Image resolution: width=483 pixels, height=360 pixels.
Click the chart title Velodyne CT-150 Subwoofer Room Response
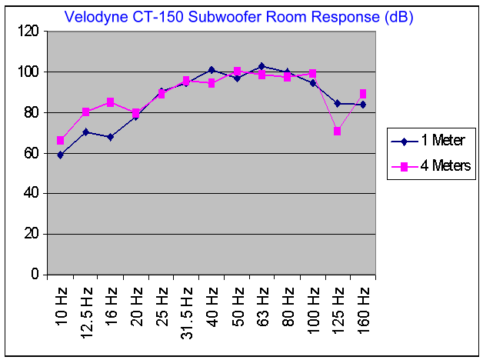point(238,17)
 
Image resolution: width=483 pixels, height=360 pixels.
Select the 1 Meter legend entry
point(435,141)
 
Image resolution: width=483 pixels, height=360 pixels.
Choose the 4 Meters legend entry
point(438,165)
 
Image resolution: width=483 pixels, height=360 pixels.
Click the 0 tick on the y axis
point(35,275)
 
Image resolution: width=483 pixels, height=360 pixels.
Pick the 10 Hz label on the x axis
point(61,303)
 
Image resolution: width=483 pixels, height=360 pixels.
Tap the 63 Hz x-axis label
point(262,303)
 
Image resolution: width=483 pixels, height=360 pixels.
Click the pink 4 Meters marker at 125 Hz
point(338,131)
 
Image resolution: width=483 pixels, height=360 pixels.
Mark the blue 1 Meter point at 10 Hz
point(61,155)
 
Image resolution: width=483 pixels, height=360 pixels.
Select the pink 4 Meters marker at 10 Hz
point(61,141)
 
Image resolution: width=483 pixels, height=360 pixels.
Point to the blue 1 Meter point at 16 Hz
point(111,137)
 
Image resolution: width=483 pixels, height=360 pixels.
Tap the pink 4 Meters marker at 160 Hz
point(363,94)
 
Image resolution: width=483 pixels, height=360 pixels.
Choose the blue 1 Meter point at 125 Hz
point(338,103)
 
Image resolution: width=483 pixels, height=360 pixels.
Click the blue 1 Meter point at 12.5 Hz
point(86,132)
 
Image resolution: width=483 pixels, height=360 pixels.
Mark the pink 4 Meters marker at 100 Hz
point(312,74)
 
